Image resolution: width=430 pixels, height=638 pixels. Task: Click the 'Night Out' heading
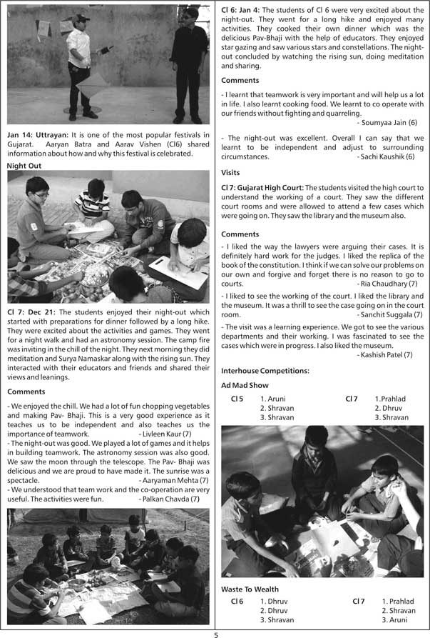pos(24,165)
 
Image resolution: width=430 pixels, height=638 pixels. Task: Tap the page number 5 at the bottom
pos(215,633)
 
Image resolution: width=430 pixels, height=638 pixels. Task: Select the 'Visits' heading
pos(230,172)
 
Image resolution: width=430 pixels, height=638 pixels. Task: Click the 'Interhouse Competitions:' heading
pos(265,371)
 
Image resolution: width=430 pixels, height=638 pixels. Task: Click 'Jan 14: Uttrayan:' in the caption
pos(36,135)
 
